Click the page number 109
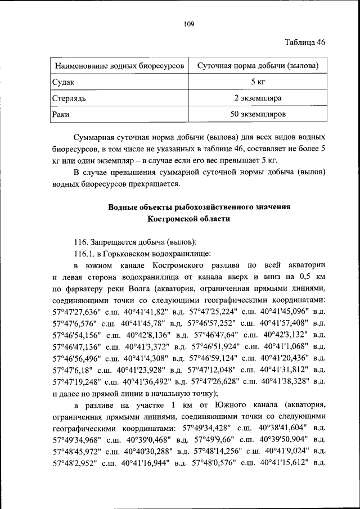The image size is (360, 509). pos(188,24)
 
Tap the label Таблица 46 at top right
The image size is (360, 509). pos(304,42)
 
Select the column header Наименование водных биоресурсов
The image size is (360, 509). pos(119,66)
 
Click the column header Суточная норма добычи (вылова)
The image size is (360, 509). pos(258,66)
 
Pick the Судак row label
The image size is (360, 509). pos(63,82)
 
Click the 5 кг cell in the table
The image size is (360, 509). pos(258,82)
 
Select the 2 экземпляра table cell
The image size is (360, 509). pos(258,98)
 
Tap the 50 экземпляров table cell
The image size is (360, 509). pos(258,115)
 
